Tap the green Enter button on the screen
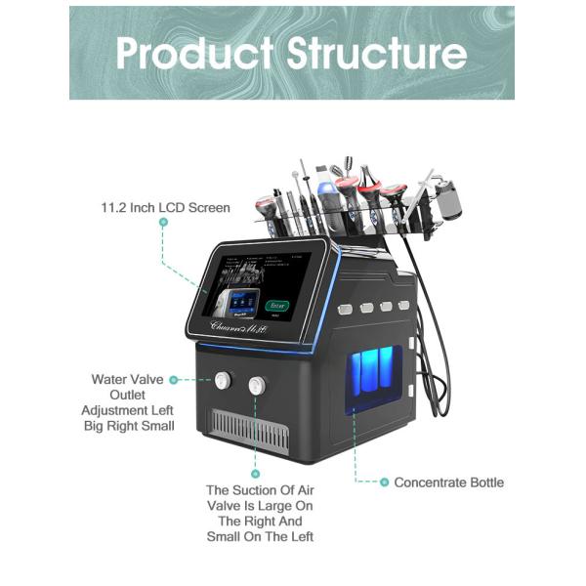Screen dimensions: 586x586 click(275, 305)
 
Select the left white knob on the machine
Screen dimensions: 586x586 click(223, 380)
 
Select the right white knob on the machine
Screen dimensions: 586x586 click(258, 385)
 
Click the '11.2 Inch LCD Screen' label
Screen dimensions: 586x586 click(166, 207)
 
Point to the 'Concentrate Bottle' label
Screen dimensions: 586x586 click(449, 482)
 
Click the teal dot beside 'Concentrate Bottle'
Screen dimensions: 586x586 click(385, 482)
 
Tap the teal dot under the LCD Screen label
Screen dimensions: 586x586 click(163, 223)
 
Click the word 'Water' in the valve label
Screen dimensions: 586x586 click(109, 379)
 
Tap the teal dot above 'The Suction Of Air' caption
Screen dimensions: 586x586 click(256, 473)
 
